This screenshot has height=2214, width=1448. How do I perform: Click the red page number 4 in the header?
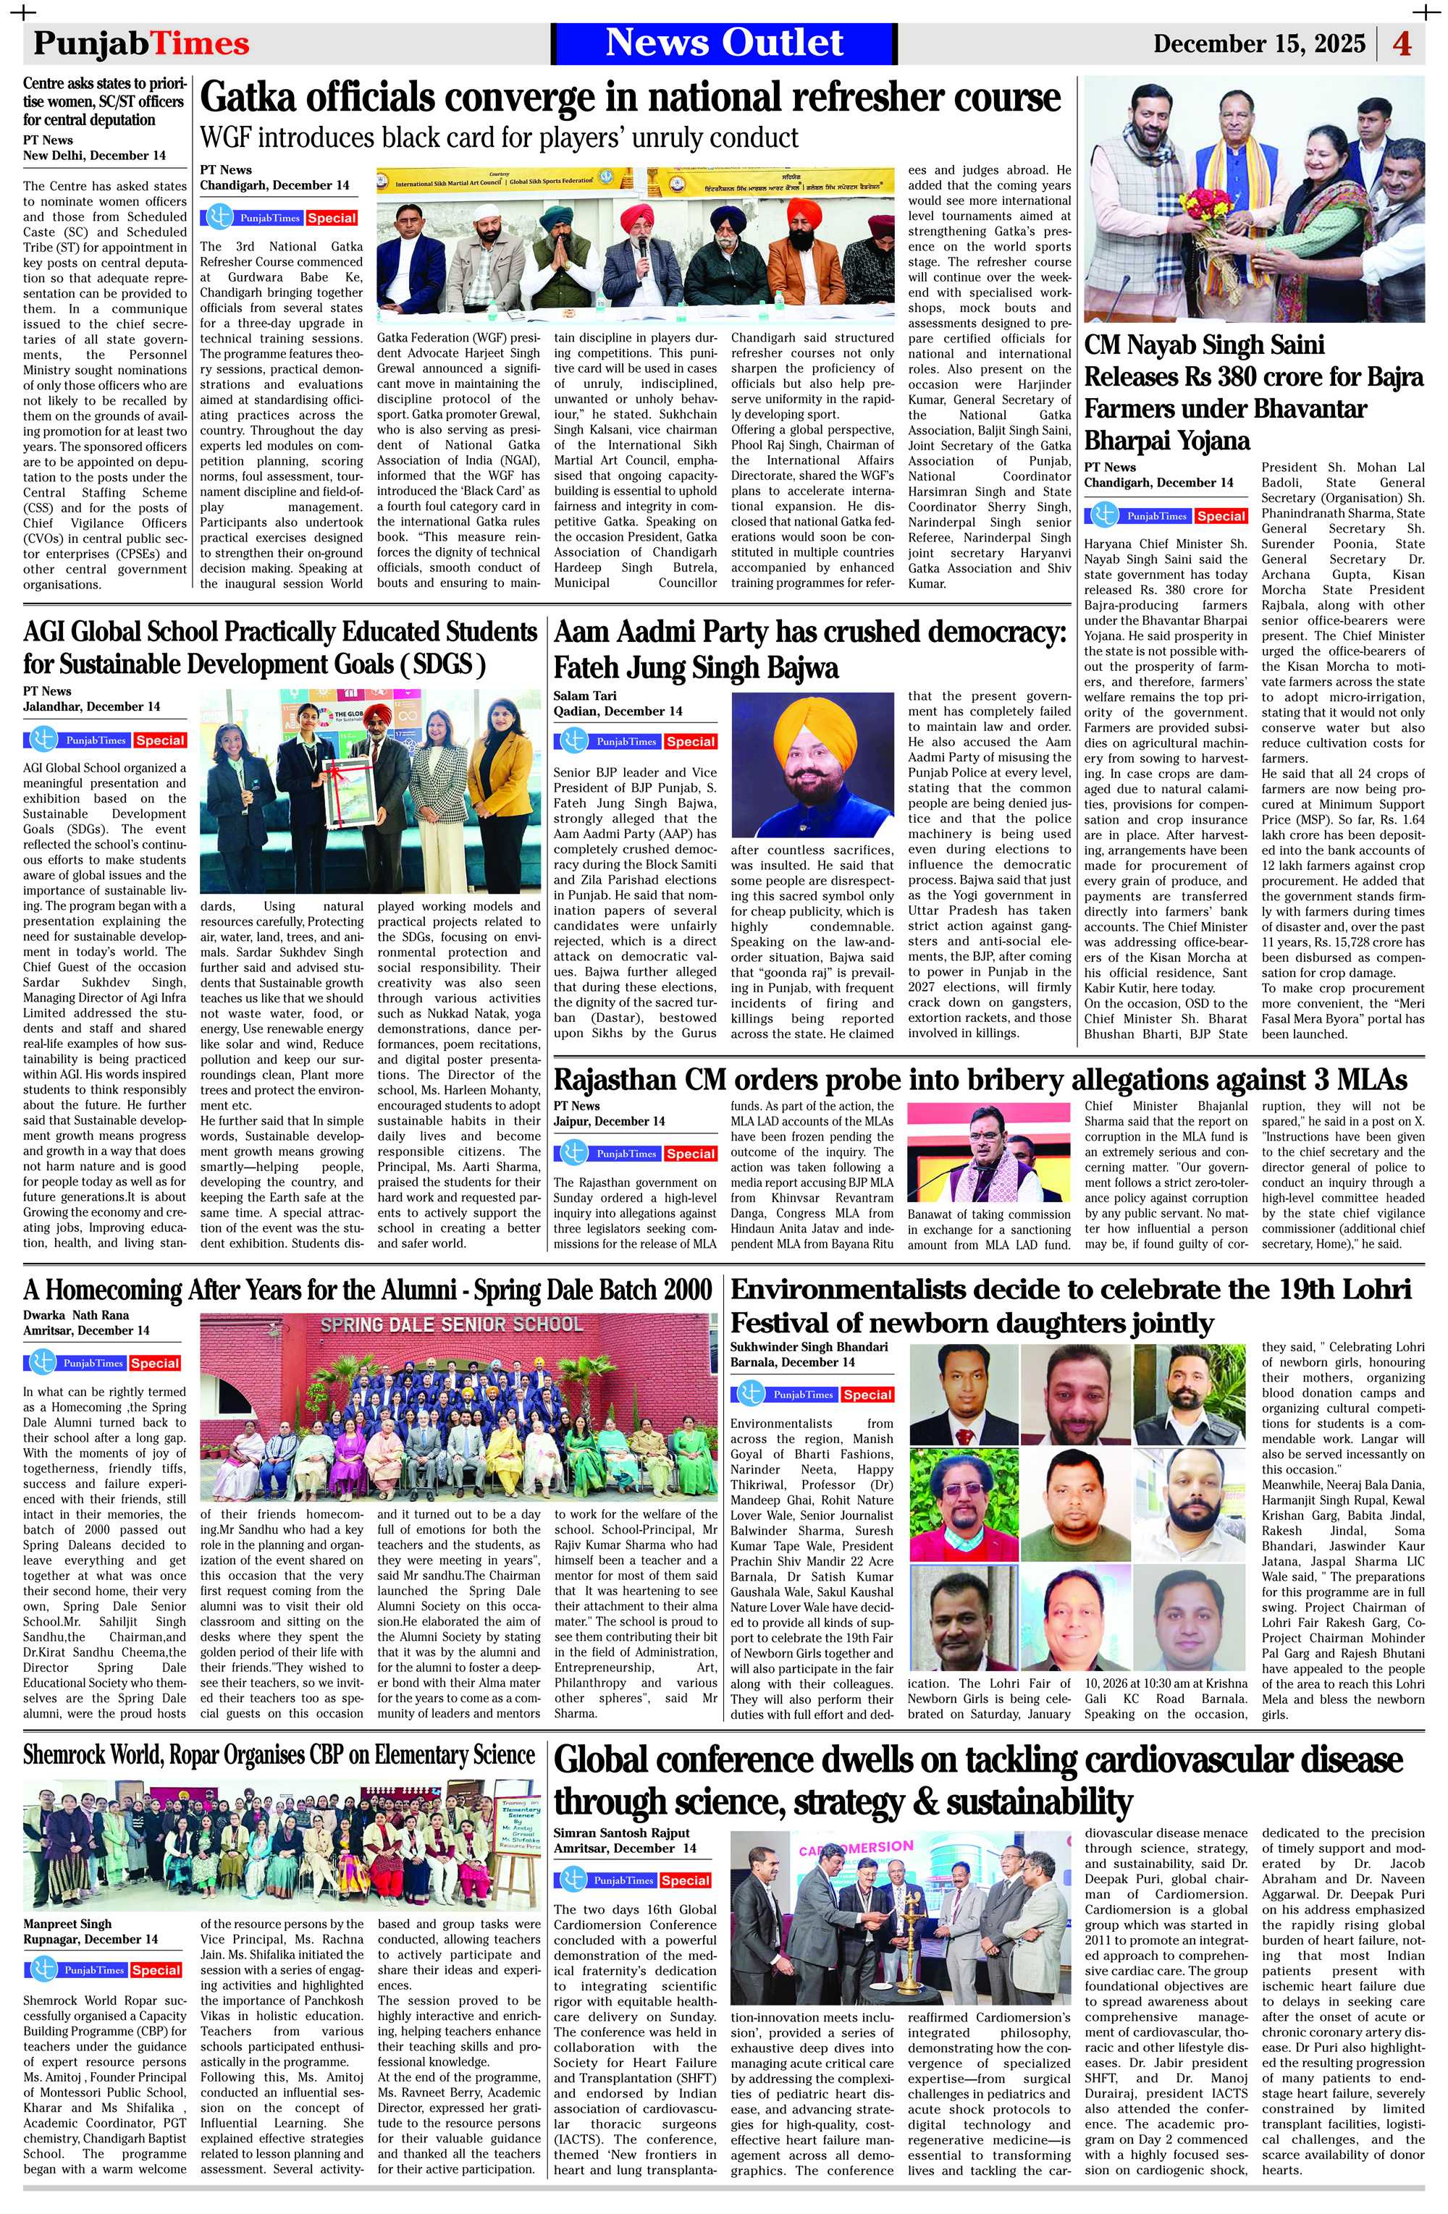(x=1402, y=43)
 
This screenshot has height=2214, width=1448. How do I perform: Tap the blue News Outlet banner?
(x=724, y=43)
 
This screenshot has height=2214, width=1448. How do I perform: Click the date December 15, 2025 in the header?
(x=1258, y=43)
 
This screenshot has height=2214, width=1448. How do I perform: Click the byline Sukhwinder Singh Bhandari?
(x=809, y=1346)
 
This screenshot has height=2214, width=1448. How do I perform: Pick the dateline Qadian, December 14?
(x=618, y=711)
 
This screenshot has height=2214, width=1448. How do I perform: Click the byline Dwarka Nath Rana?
(x=76, y=1314)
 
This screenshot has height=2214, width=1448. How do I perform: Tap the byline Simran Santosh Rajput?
(x=622, y=1833)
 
